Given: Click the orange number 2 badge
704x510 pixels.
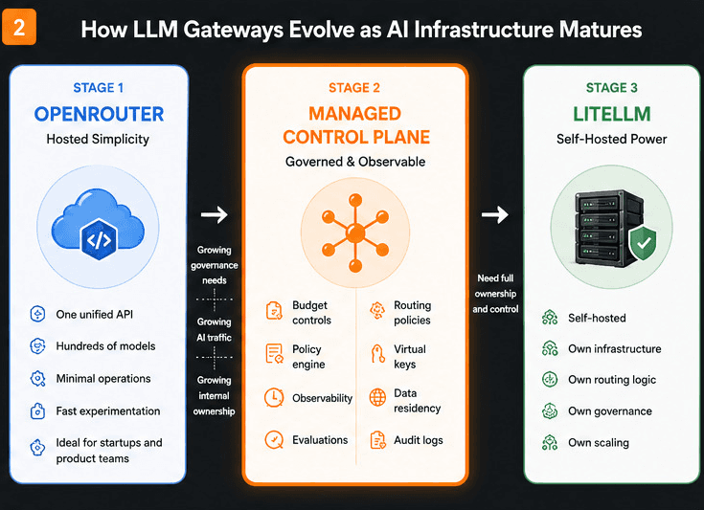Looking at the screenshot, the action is tap(19, 27).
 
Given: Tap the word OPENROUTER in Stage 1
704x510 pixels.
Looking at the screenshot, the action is tap(99, 115).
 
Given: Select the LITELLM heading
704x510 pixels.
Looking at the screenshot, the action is tap(611, 115).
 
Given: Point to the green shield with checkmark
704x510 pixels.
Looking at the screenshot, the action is tap(644, 242).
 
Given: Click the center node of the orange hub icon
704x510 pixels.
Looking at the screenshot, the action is tap(355, 233).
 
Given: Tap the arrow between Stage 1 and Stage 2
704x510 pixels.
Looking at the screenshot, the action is tap(215, 215).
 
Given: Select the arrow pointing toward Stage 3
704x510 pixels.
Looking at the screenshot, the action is tap(495, 215).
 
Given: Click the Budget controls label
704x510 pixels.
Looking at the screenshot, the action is tap(311, 313).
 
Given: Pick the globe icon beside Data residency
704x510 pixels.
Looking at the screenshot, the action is tap(377, 397).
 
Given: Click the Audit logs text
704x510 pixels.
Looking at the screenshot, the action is tap(419, 440).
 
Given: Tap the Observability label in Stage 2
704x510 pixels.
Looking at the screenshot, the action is tap(323, 398).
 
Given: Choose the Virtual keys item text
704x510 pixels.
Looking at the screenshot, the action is tap(410, 357).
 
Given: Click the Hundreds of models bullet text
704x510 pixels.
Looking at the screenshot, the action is tap(105, 346).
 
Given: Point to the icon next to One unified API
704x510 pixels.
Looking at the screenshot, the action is tap(37, 314).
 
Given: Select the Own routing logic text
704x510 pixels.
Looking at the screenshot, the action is tap(612, 380).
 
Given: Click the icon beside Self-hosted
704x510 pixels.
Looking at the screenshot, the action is tap(550, 318).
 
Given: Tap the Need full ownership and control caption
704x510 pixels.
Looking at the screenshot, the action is tap(495, 294).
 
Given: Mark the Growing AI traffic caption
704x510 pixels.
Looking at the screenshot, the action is tap(215, 330).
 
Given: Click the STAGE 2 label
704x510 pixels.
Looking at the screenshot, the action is tap(354, 88).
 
